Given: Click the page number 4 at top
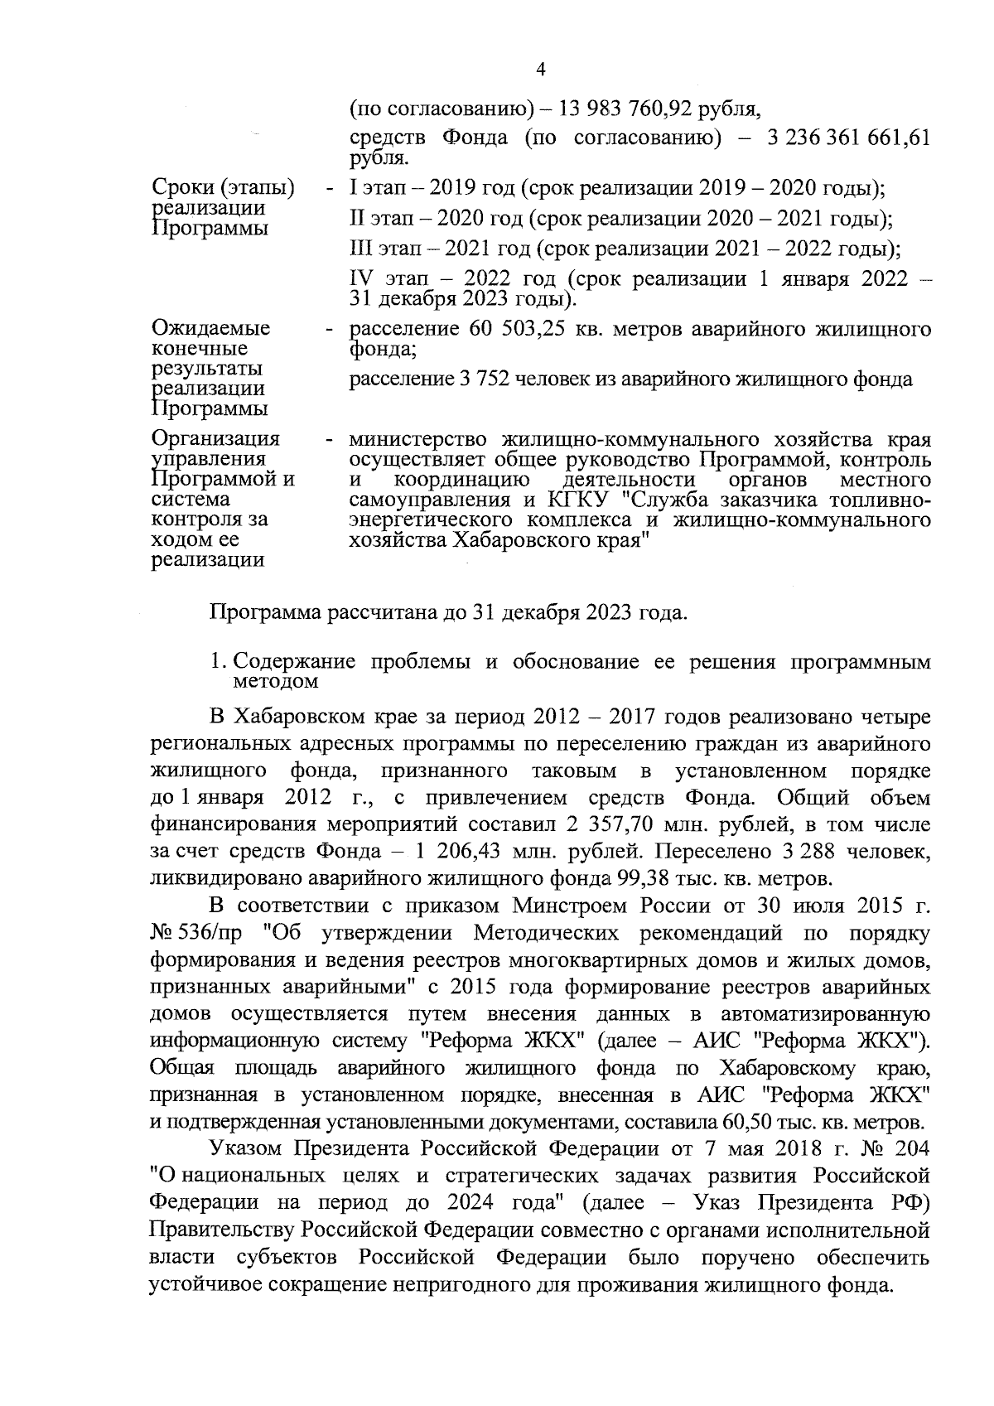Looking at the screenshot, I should pyautogui.click(x=541, y=70).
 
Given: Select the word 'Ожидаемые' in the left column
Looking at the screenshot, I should pyautogui.click(x=211, y=329).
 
